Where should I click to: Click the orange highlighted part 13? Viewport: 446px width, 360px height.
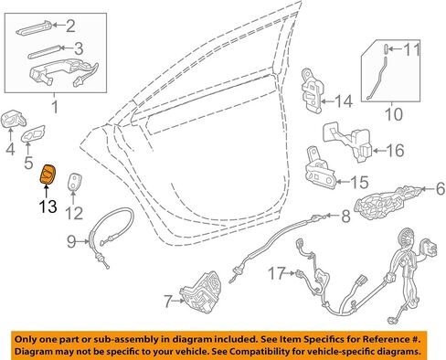point(48,175)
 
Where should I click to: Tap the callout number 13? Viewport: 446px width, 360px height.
point(48,206)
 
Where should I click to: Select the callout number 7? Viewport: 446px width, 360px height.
point(168,301)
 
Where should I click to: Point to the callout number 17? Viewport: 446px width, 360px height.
point(277,273)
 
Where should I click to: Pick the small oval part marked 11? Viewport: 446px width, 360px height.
point(386,49)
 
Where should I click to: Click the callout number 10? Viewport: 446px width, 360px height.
point(394,114)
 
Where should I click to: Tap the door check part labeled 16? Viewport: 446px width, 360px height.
point(348,143)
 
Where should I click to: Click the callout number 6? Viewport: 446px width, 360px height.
point(441,189)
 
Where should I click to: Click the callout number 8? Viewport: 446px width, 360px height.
point(345,217)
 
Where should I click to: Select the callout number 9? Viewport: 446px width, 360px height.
point(71,241)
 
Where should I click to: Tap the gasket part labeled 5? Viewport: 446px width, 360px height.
point(33,134)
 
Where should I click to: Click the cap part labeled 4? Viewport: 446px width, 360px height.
point(14,120)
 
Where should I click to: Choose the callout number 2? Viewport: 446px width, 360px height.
point(70,26)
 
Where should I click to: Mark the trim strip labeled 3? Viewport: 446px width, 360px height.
point(45,52)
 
